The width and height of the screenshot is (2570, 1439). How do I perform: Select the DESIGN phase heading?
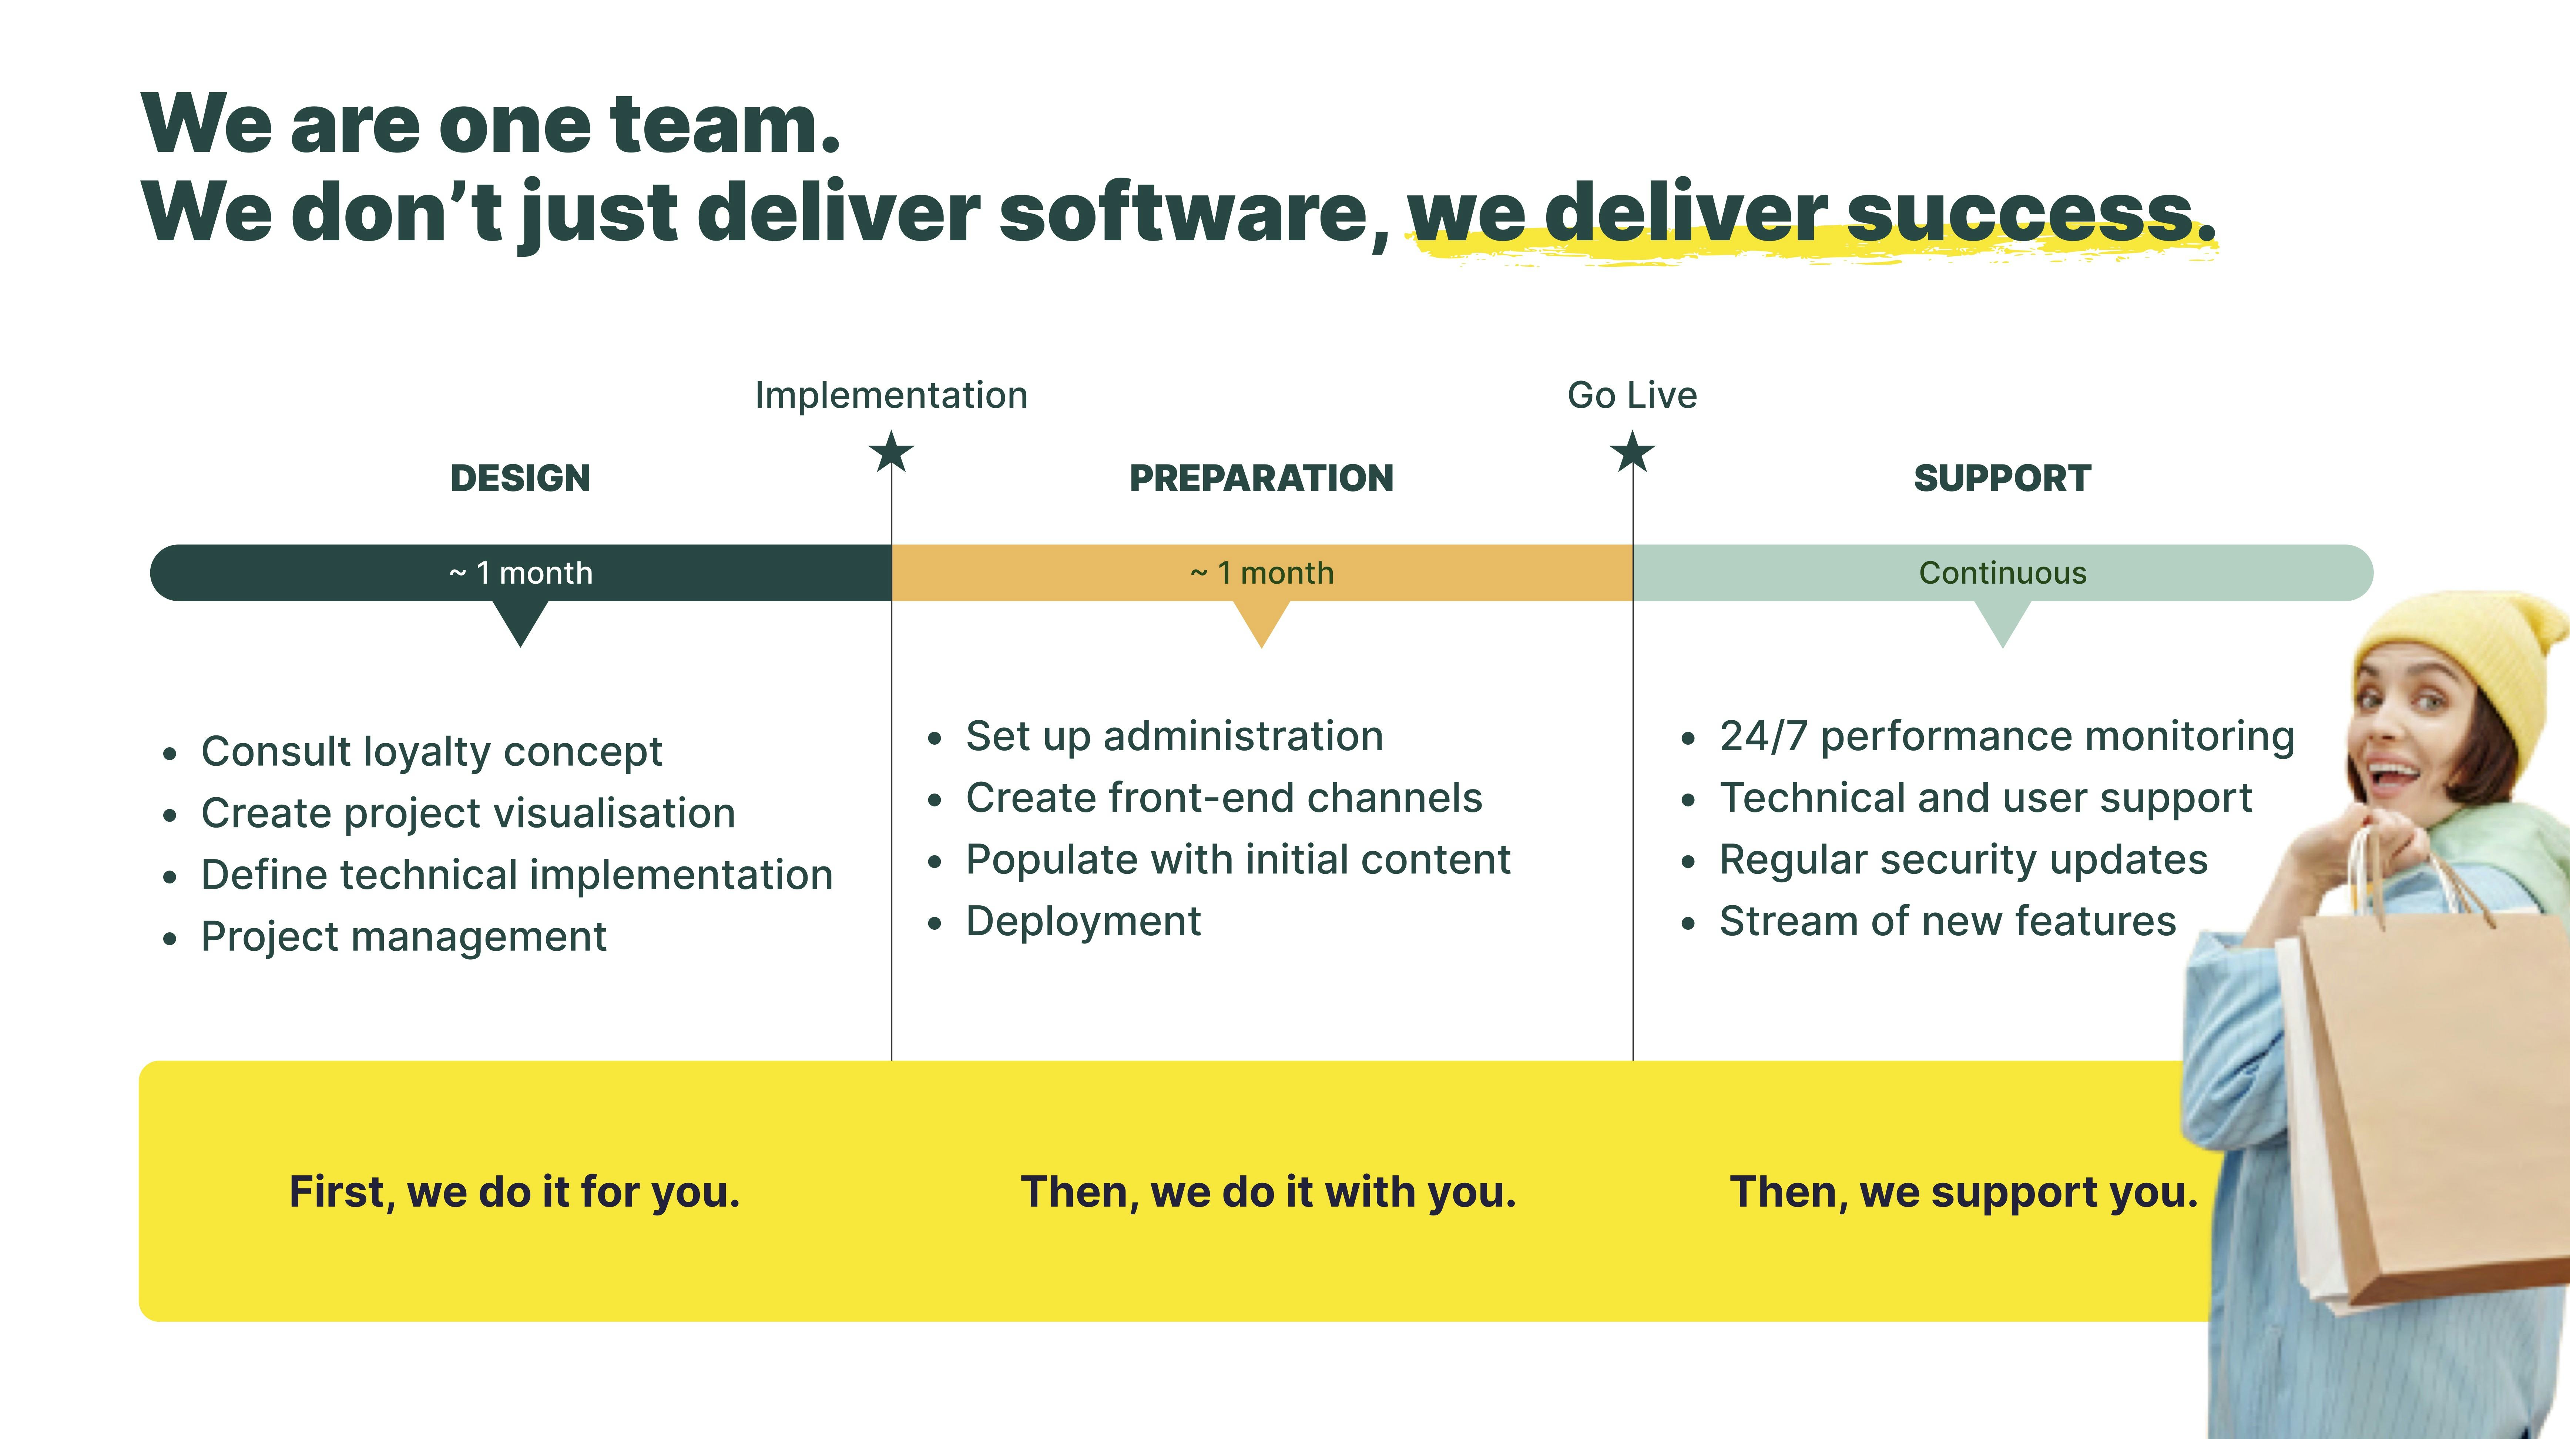pos(520,478)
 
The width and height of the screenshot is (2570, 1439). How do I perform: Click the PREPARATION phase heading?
pos(1261,478)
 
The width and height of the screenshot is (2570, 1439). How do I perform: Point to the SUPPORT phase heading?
pos(2001,478)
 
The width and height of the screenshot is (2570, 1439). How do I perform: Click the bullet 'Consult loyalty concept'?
pos(431,751)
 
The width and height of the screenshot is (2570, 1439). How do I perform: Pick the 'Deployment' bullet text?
pos(1083,921)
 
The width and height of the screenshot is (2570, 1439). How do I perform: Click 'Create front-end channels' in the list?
pos(1223,797)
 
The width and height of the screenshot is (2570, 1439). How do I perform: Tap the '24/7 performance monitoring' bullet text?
pos(2006,737)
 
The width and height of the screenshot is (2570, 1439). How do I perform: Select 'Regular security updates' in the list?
pos(1962,859)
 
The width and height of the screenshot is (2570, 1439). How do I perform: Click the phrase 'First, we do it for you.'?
pos(514,1191)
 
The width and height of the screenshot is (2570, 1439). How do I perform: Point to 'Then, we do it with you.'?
pos(1267,1191)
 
